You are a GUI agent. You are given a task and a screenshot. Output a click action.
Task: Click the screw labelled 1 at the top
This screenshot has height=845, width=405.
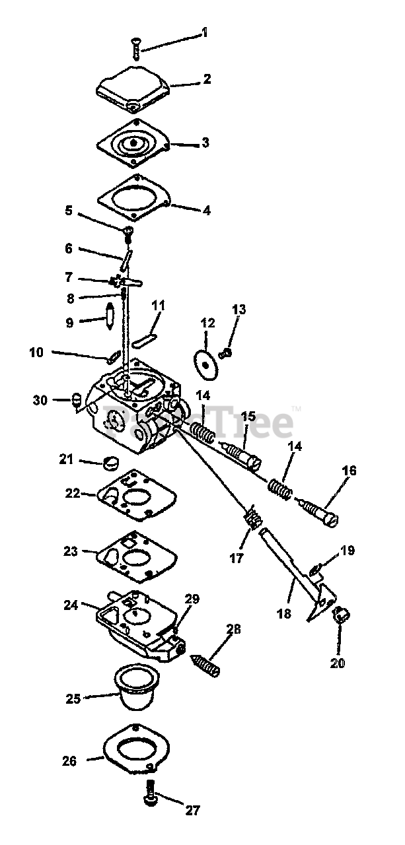point(136,48)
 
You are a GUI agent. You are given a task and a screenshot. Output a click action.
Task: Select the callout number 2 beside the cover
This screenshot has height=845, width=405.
point(207,79)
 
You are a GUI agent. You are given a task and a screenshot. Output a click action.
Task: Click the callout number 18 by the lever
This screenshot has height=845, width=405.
point(284,613)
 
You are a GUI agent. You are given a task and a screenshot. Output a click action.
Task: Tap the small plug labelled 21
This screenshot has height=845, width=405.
point(110,461)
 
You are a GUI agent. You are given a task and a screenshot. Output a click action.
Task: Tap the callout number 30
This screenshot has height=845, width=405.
point(40,399)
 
